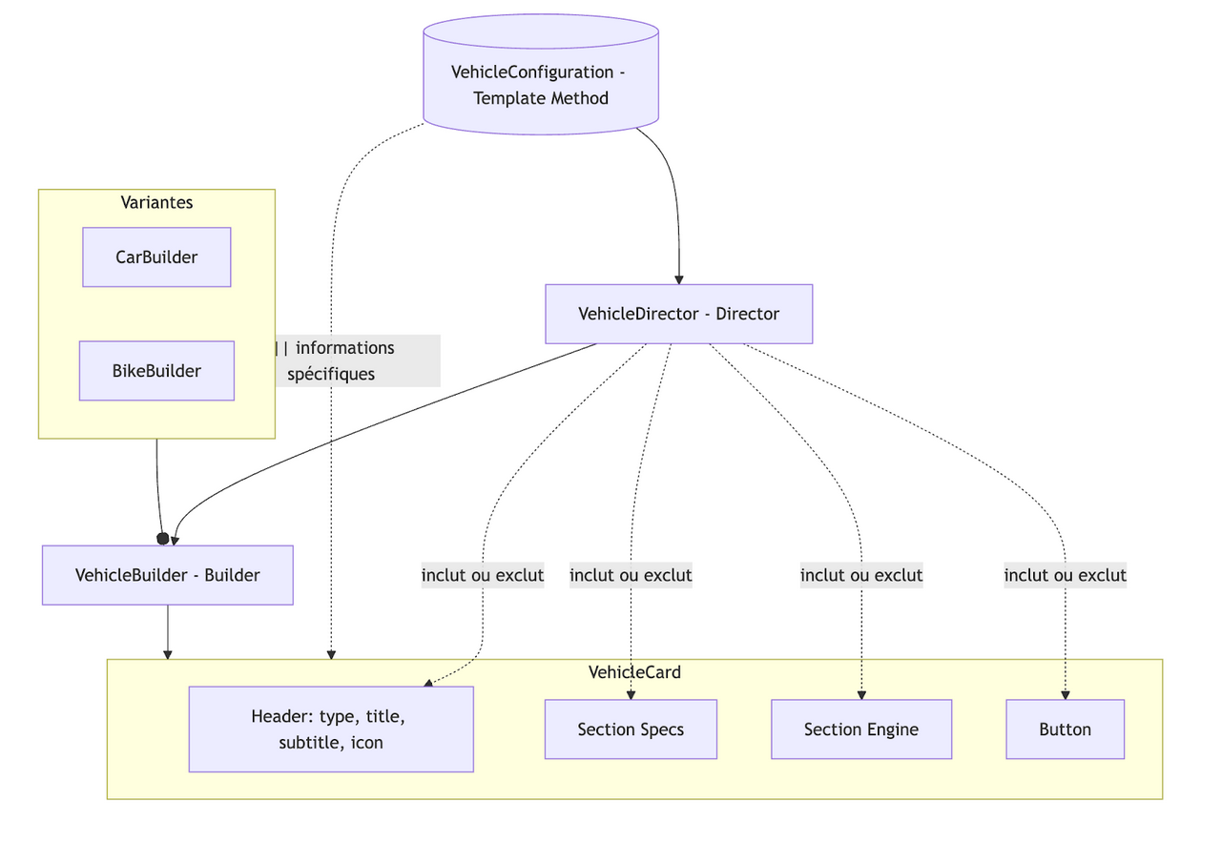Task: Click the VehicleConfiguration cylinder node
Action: click(540, 85)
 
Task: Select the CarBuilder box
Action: click(156, 257)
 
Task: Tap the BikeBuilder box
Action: click(156, 371)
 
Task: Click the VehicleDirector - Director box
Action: click(678, 314)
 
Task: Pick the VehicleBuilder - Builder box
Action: click(167, 575)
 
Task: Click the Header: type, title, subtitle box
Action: click(330, 729)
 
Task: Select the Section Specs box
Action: click(631, 730)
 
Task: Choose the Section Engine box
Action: click(860, 730)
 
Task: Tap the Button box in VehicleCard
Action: click(1065, 730)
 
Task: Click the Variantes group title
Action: click(156, 202)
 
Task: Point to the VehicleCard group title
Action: click(634, 672)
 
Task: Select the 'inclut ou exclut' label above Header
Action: click(483, 575)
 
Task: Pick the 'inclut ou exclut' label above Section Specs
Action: click(631, 575)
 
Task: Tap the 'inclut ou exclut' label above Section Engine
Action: click(860, 575)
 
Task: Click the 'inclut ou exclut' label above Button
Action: click(1065, 575)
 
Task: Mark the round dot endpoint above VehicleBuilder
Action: click(162, 539)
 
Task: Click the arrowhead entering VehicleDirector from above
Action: click(679, 279)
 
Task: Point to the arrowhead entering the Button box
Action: click(1065, 695)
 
